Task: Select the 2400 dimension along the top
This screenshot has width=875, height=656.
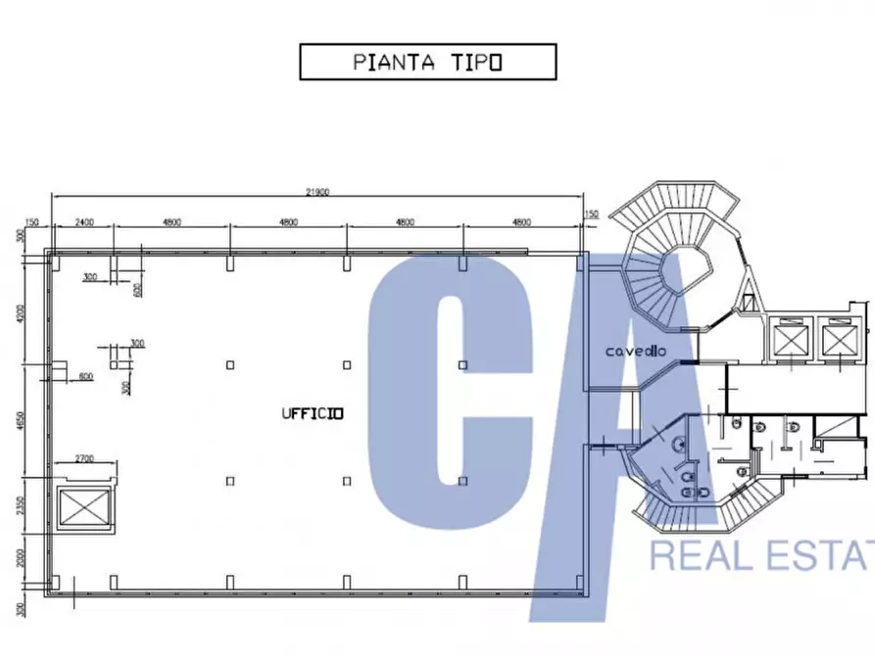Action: click(82, 222)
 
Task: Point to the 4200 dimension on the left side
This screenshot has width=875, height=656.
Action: click(21, 316)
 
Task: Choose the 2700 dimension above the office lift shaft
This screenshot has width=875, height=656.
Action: click(83, 457)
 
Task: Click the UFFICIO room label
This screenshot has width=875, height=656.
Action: click(312, 413)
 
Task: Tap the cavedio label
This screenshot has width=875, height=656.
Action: click(636, 350)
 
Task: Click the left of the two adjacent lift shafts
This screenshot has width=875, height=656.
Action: click(789, 340)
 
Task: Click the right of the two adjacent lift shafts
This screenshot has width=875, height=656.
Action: click(840, 340)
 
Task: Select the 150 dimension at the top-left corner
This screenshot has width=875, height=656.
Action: click(32, 222)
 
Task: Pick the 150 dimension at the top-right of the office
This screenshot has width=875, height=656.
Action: click(591, 214)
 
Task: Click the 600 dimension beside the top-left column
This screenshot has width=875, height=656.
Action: click(137, 289)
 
